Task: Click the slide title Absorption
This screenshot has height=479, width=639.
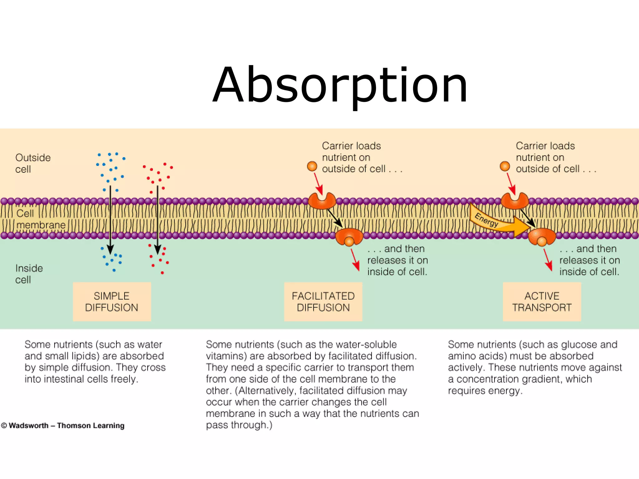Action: [x=340, y=85]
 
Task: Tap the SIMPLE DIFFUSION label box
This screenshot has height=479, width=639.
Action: [x=112, y=302]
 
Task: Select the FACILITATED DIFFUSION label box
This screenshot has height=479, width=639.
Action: [x=323, y=302]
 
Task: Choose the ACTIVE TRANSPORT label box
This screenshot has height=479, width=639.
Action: [x=542, y=302]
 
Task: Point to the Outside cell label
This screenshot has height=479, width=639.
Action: [x=32, y=163]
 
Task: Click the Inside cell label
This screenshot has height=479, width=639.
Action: [x=29, y=274]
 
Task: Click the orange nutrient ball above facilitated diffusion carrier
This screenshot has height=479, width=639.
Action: [x=312, y=166]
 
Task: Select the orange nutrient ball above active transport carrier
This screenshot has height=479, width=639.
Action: [x=505, y=166]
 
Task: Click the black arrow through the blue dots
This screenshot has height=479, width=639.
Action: [x=110, y=218]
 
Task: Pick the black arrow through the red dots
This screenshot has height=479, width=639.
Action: [x=158, y=218]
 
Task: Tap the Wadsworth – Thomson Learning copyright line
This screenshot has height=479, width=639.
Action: [x=63, y=425]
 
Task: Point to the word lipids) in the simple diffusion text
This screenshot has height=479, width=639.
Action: [x=84, y=356]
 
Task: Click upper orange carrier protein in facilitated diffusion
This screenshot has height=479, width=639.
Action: [x=322, y=201]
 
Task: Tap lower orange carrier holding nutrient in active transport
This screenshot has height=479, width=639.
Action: [x=542, y=237]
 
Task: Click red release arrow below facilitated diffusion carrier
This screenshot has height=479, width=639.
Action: [x=355, y=260]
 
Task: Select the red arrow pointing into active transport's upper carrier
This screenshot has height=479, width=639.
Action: [x=511, y=184]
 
